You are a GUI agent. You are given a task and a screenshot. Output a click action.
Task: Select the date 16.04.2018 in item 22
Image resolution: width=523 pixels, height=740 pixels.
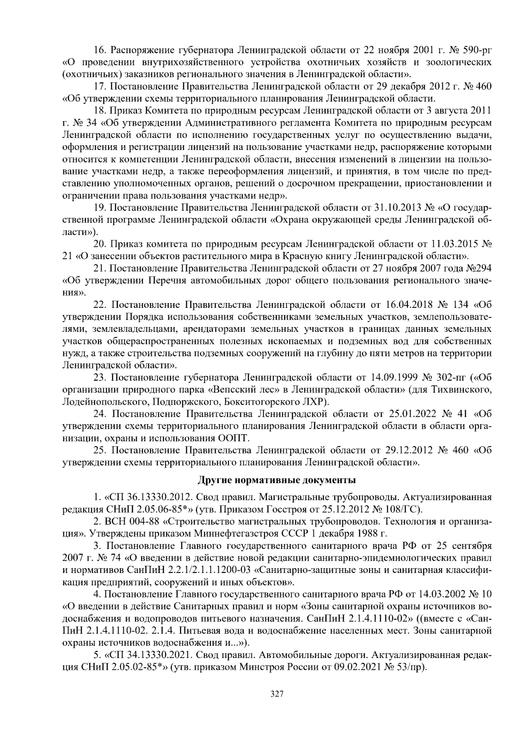[405, 304]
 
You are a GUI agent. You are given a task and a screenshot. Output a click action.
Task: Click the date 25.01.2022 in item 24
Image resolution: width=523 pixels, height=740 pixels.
[408, 413]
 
